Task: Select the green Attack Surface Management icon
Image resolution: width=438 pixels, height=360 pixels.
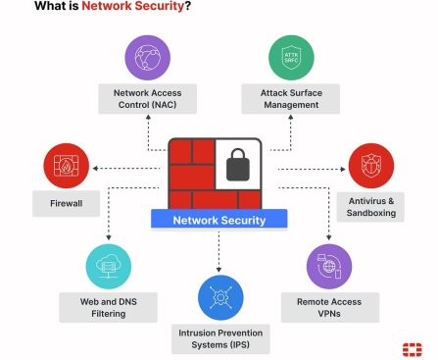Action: pyautogui.click(x=290, y=58)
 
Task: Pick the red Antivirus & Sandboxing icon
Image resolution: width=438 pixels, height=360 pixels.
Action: pyautogui.click(x=371, y=166)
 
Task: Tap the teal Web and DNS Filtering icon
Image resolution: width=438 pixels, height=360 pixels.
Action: pyautogui.click(x=109, y=264)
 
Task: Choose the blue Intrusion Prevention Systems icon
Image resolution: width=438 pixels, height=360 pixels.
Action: pyautogui.click(x=219, y=297)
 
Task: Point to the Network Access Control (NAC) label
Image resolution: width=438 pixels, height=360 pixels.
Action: pyautogui.click(x=147, y=98)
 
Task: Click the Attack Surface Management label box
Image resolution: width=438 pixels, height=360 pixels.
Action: pyautogui.click(x=290, y=98)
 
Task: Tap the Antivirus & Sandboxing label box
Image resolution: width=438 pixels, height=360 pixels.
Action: pyautogui.click(x=371, y=207)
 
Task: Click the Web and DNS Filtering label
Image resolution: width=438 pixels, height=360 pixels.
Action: pyautogui.click(x=109, y=306)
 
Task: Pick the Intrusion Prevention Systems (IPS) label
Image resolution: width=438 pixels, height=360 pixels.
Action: pyautogui.click(x=219, y=339)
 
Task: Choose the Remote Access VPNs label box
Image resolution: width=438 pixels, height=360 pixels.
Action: pyautogui.click(x=328, y=306)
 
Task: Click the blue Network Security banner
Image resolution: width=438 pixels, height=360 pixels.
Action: pyautogui.click(x=219, y=220)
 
